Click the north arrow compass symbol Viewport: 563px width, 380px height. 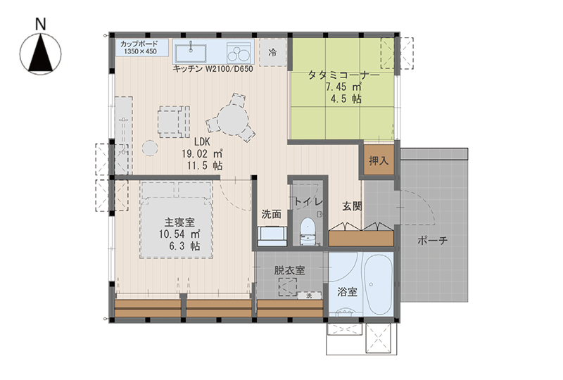tap(40, 54)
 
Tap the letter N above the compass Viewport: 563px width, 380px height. tap(41, 25)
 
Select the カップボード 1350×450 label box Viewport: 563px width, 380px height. tap(142, 48)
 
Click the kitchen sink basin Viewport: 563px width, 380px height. tap(191, 53)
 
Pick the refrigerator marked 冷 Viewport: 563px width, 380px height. tap(272, 53)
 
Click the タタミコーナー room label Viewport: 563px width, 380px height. tap(343, 76)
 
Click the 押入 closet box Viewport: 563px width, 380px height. tap(379, 160)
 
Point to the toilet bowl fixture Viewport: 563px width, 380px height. tap(308, 232)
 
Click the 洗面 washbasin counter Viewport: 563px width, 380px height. tap(272, 236)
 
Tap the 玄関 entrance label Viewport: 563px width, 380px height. tap(351, 206)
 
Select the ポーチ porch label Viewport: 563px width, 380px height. tap(433, 240)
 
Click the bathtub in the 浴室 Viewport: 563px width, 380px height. tap(377, 284)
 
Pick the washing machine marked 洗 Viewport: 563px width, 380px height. tap(309, 296)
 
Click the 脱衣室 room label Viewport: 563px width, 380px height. tap(290, 270)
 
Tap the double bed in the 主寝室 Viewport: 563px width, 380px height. tap(176, 220)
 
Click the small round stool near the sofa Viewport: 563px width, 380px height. tap(150, 148)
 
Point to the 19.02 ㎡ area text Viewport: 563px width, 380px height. tap(202, 154)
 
